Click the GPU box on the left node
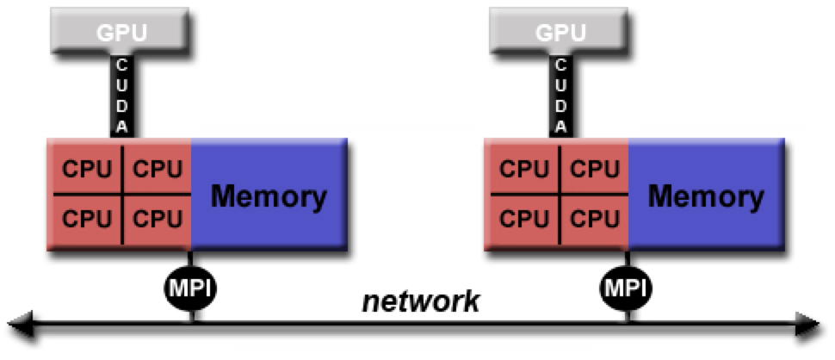click(120, 30)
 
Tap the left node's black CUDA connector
click(122, 96)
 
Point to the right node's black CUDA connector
click(560, 96)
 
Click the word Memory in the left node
click(269, 197)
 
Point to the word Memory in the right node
click(706, 197)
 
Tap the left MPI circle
click(190, 289)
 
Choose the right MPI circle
click(627, 289)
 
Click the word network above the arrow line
click(421, 302)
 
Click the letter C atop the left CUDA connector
click(122, 65)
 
